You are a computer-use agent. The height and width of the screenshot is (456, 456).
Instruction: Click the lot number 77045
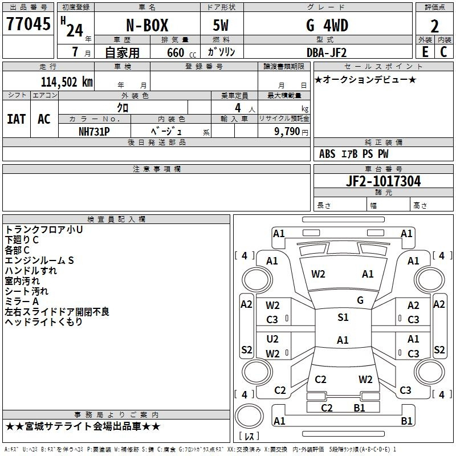28,23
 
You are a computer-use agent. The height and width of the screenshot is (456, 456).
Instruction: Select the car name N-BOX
147,25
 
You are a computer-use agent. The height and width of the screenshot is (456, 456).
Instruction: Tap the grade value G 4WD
327,25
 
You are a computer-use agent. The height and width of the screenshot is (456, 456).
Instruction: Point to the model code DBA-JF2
327,52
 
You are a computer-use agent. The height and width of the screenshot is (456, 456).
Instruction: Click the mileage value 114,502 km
67,82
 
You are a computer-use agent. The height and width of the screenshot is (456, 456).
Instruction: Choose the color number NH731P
94,132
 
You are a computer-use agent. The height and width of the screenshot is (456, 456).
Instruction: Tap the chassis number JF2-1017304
383,181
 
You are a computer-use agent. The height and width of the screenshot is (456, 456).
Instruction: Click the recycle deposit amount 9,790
287,132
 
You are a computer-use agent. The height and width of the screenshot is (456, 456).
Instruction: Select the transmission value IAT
17,119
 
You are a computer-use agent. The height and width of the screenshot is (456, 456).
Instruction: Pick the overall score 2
434,26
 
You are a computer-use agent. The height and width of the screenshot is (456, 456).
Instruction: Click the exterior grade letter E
425,52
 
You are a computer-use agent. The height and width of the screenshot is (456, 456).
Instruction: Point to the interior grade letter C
443,52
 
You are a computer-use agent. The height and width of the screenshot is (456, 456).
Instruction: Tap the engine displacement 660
176,52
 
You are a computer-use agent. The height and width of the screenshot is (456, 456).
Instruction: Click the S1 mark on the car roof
343,317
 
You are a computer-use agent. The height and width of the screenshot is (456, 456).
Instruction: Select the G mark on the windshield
360,300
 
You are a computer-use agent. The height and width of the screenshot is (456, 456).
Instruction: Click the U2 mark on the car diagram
272,339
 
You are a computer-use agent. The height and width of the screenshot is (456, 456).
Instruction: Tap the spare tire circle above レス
249,416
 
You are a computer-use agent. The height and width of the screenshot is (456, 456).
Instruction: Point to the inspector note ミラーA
22,302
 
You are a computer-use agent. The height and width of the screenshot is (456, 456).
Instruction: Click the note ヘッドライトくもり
44,322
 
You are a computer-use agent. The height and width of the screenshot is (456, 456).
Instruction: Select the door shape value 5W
221,25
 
